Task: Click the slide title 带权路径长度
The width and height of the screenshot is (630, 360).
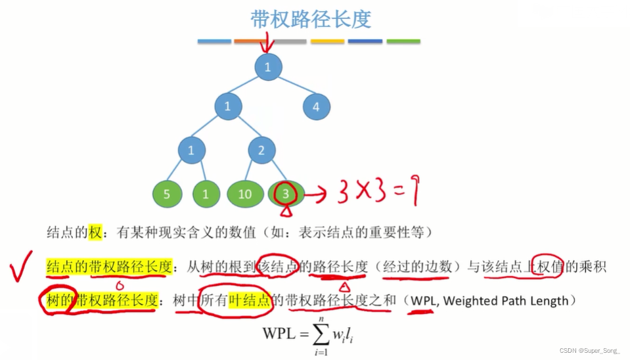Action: click(311, 19)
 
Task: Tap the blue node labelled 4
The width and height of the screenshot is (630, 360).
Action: click(316, 107)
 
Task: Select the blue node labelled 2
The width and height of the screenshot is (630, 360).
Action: click(261, 150)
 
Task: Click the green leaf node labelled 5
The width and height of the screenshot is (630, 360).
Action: click(167, 194)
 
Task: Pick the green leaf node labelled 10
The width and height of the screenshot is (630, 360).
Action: click(245, 194)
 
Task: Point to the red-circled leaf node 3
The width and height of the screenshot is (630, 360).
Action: click(285, 194)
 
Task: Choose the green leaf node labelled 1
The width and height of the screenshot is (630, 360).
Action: click(206, 194)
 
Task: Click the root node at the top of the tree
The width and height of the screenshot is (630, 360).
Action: click(267, 67)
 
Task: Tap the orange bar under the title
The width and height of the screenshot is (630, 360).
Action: click(250, 41)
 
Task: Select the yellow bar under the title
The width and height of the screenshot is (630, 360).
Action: click(327, 41)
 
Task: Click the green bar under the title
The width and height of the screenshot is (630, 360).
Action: click(403, 41)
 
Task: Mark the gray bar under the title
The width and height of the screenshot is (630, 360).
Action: click(290, 41)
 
